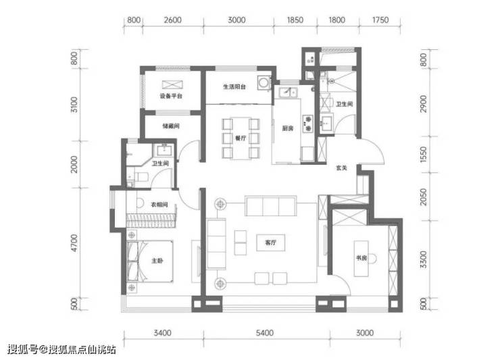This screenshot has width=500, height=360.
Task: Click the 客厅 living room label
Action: coord(270,242)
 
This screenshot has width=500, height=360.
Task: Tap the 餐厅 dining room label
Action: coord(241,138)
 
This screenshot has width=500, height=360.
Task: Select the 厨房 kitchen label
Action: coord(287,128)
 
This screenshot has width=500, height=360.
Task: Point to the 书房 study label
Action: coord(361,257)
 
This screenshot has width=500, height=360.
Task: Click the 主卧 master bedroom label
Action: coord(157,261)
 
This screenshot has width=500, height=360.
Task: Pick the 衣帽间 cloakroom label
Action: coord(159,205)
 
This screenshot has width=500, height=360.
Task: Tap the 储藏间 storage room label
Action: coord(171,126)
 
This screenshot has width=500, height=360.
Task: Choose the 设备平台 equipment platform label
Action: coord(171,96)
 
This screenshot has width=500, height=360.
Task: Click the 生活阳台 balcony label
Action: coord(234,86)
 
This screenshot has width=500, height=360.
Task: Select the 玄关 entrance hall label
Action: coord(341,168)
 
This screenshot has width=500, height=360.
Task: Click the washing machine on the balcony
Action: coord(264,83)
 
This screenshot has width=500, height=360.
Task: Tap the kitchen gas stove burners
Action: coord(308,124)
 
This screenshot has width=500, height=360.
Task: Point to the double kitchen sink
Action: coord(289,93)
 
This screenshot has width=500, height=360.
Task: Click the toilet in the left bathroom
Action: coord(141,177)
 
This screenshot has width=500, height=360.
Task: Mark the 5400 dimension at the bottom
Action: coord(265,333)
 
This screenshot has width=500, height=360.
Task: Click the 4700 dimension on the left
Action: coord(74,243)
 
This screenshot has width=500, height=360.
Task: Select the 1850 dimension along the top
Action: coord(295,20)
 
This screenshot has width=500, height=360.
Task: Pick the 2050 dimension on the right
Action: coord(423,197)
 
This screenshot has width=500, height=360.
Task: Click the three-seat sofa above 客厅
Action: coord(271,206)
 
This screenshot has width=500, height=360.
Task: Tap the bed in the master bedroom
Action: coord(150,261)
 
